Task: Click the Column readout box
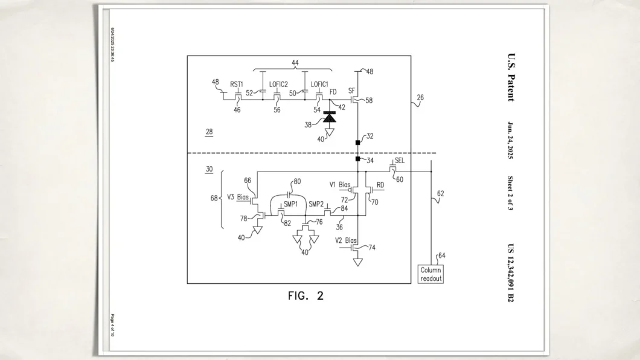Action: click(431, 274)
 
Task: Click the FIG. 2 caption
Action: click(305, 296)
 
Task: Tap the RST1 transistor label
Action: click(237, 84)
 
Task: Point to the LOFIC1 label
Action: click(319, 84)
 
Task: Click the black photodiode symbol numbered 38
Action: click(329, 117)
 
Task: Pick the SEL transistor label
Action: click(399, 162)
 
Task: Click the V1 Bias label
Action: click(340, 184)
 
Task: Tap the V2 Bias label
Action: click(347, 240)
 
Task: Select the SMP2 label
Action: click(316, 204)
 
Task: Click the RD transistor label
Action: click(380, 184)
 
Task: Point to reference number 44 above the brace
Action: click(295, 63)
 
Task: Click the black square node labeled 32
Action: click(358, 143)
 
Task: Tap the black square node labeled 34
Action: click(358, 159)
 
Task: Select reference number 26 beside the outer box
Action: click(420, 97)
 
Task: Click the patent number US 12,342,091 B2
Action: click(511, 272)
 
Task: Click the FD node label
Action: click(333, 92)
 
